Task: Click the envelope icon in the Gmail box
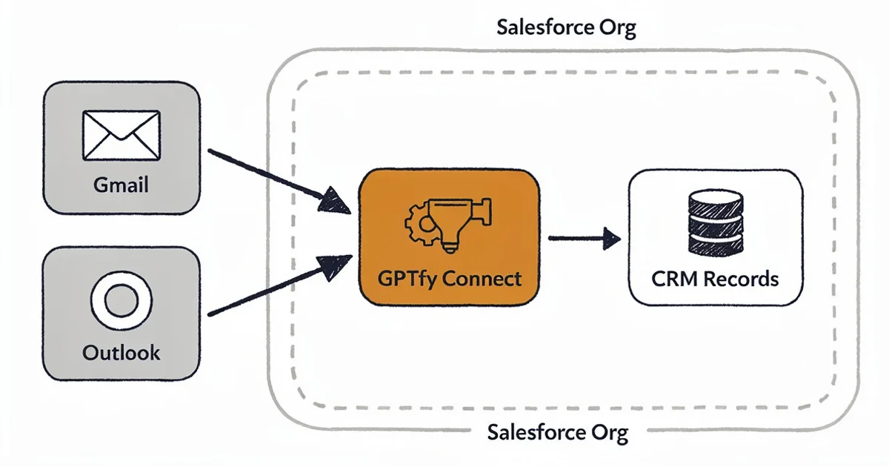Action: click(x=121, y=135)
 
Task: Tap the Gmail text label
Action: click(x=121, y=184)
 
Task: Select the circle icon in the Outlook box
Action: click(x=121, y=301)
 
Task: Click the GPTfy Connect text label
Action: click(x=450, y=279)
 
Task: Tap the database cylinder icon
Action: click(x=715, y=222)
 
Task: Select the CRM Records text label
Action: click(x=715, y=279)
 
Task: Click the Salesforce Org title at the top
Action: click(x=566, y=28)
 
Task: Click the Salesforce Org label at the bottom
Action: click(x=558, y=432)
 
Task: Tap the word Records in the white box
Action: click(x=741, y=279)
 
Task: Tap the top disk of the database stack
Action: click(x=715, y=200)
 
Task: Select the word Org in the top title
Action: click(x=618, y=28)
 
